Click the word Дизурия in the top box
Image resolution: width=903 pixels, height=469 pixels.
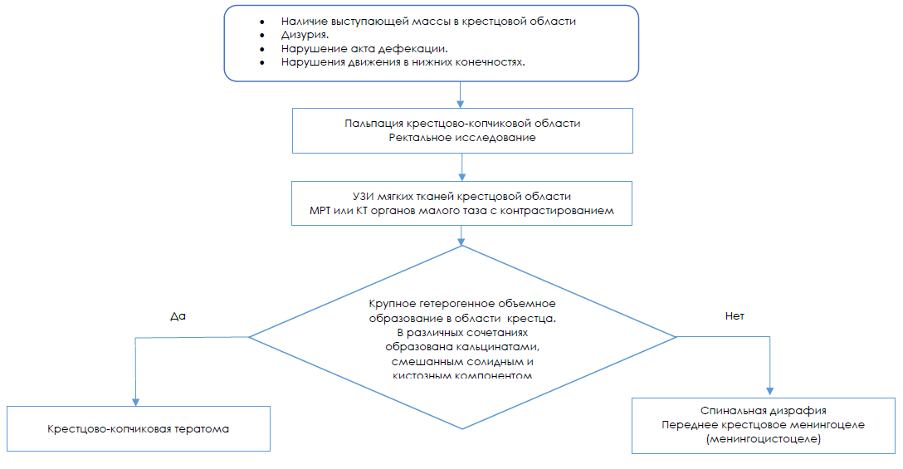pos(304,36)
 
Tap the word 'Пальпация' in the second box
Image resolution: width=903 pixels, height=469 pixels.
pos(369,123)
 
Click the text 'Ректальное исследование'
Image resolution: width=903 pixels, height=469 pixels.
pos(461,138)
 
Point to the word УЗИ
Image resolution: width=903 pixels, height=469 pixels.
pos(364,196)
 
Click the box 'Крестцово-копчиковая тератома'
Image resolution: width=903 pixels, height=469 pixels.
pos(138,429)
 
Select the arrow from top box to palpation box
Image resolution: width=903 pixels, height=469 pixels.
pos(461,95)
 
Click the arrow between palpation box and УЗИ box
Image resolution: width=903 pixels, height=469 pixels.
pos(461,168)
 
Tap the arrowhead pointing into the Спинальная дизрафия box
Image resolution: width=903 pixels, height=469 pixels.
pos(770,392)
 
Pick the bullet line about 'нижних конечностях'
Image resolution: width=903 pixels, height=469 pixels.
pos(403,62)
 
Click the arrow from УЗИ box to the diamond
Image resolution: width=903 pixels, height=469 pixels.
pos(461,235)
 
